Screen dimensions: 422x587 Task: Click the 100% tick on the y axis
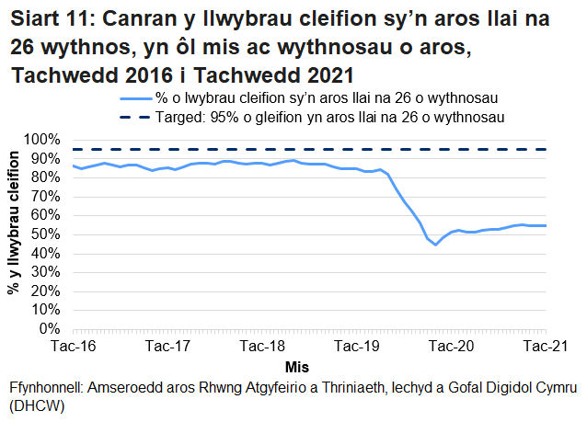(x=46, y=139)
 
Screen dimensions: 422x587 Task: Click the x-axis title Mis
(x=310, y=365)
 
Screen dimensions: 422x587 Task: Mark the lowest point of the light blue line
(x=435, y=245)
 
